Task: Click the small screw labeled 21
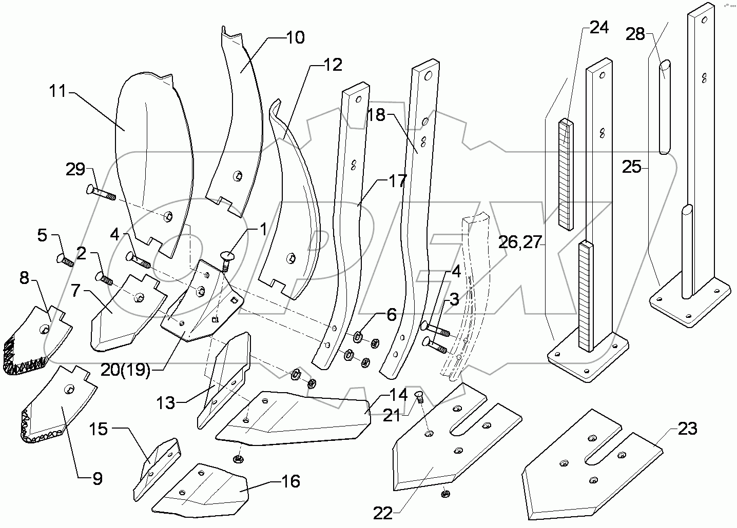(417, 396)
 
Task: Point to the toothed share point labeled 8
(38, 341)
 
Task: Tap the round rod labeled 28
(665, 108)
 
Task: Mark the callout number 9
(96, 479)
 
